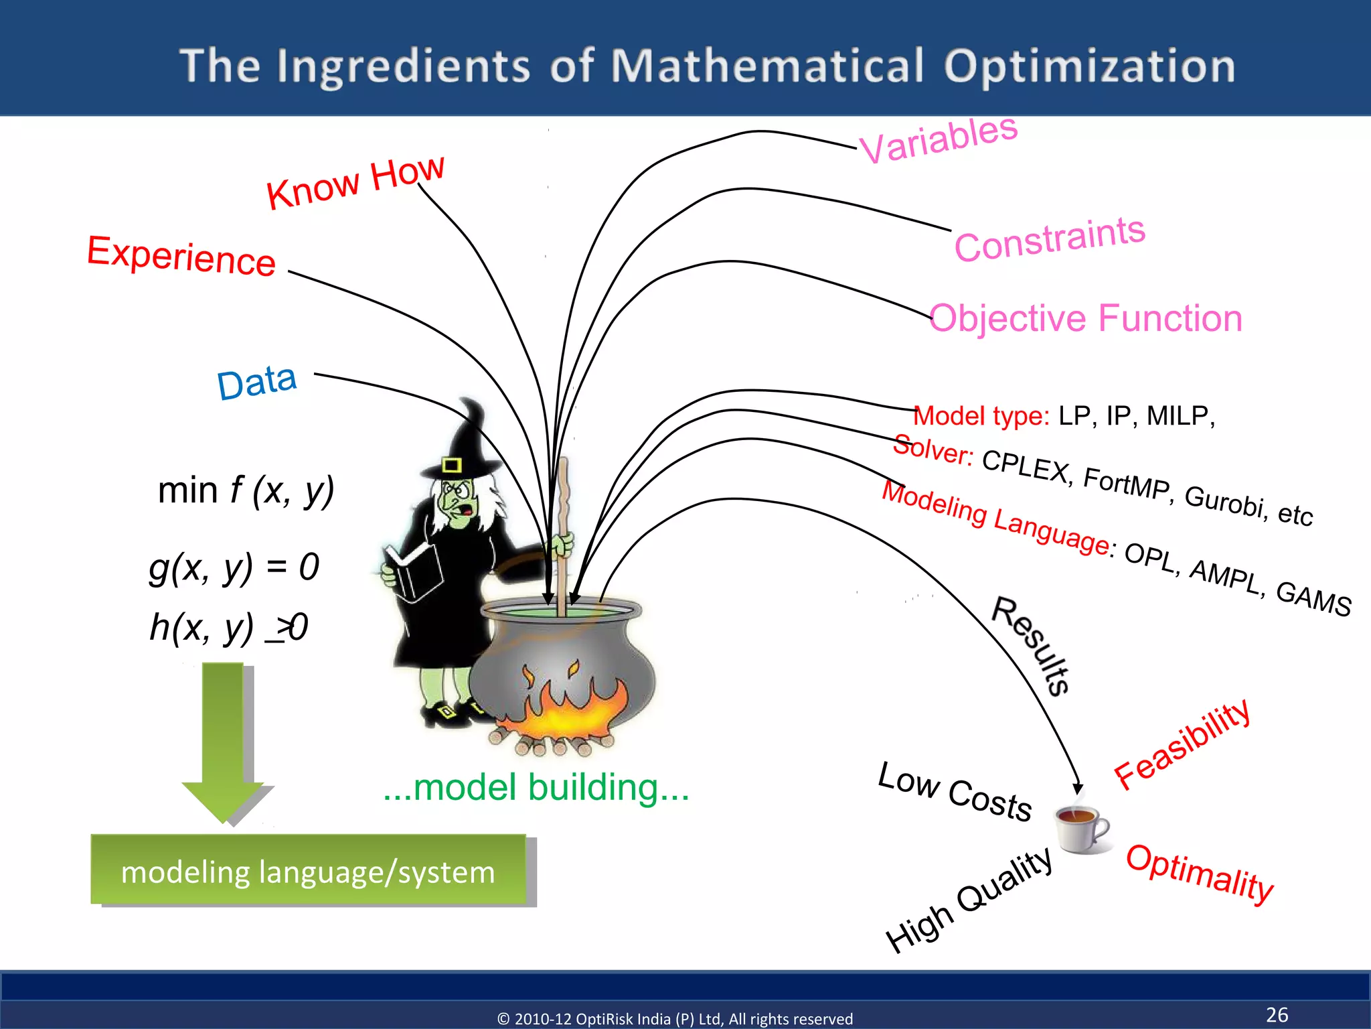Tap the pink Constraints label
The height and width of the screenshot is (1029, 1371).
tap(1049, 239)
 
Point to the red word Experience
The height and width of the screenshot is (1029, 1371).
tap(181, 255)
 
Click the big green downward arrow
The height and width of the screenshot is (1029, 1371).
tap(224, 737)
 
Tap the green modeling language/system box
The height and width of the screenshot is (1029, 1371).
tap(308, 871)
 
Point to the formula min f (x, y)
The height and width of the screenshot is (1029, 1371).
tap(246, 490)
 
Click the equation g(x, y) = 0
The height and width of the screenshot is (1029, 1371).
tap(234, 567)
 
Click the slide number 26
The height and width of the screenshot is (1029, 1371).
tap(1277, 1014)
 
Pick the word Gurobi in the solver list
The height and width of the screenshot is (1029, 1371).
tap(1225, 500)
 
